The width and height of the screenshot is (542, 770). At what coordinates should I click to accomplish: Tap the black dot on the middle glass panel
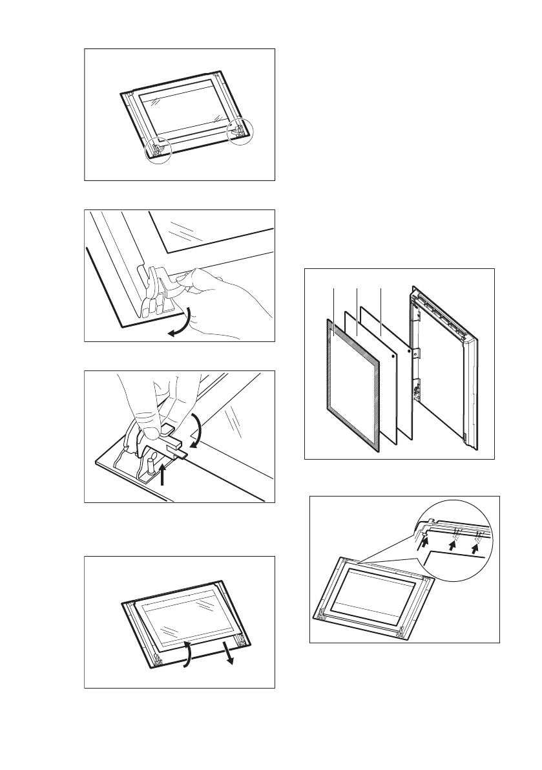[x=394, y=355]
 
